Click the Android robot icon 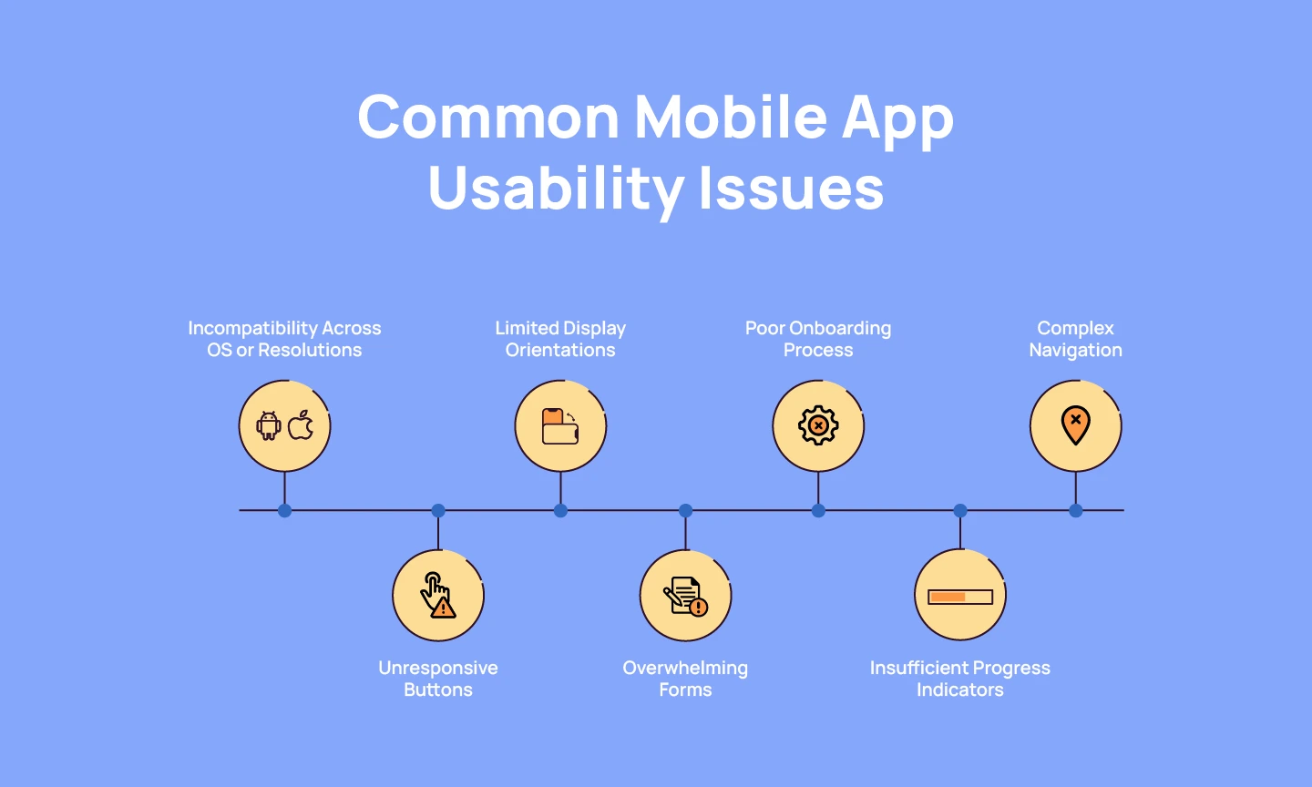269,425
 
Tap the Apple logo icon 302,424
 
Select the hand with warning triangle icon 437,595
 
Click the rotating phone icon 560,426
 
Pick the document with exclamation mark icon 685,596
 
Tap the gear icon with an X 818,425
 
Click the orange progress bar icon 959,597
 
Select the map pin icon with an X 1075,424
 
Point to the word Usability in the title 556,188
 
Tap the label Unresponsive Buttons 438,679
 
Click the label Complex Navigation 1075,339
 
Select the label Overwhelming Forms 685,679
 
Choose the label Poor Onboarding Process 818,339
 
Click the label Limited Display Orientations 560,339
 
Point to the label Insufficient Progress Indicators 959,679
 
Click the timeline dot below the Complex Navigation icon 1076,510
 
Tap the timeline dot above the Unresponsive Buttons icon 438,510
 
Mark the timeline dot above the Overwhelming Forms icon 686,510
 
